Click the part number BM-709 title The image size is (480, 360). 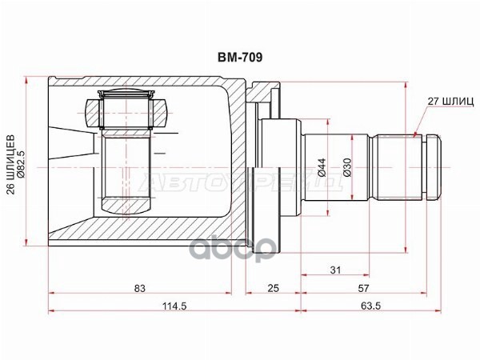pyautogui.click(x=240, y=58)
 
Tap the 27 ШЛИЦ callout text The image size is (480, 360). pyautogui.click(x=450, y=102)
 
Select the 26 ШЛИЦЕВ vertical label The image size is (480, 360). pyautogui.click(x=11, y=164)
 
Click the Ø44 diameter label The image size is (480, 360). pyautogui.click(x=322, y=168)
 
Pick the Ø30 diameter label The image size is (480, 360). pyautogui.click(x=347, y=168)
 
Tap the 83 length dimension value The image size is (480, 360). pyautogui.click(x=139, y=288)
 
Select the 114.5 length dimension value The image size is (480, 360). pyautogui.click(x=174, y=306)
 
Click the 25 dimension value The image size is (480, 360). pyautogui.click(x=273, y=288)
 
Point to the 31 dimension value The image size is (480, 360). pyautogui.click(x=335, y=270)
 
